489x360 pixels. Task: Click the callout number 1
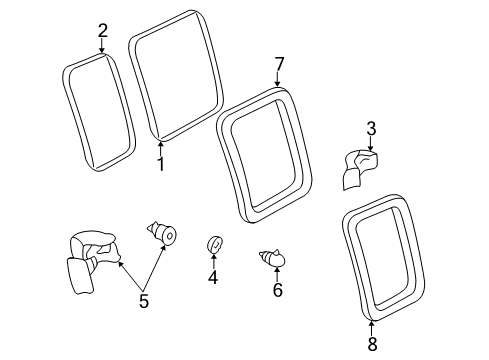point(161,164)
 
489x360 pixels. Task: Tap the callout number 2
point(103,31)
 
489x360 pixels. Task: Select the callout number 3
point(371,129)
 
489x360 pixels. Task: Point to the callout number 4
point(213,277)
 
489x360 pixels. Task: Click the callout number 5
point(144,301)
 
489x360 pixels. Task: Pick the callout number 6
point(278,289)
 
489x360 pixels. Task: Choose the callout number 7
point(279,64)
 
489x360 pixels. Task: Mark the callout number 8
point(372,343)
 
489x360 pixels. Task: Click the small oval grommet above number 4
point(214,244)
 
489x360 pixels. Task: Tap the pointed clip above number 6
point(273,258)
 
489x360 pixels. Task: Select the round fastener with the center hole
point(162,232)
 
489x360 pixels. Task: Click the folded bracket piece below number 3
point(360,169)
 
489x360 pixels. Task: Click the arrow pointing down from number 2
point(102,45)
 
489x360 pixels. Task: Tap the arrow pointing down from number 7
point(278,80)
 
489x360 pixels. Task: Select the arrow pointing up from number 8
point(372,328)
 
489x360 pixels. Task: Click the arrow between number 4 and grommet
point(213,261)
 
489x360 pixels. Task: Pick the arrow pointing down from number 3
point(371,144)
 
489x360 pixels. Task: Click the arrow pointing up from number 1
point(161,149)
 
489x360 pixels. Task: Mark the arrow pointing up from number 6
point(277,274)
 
